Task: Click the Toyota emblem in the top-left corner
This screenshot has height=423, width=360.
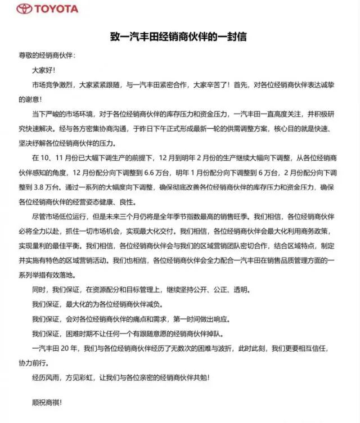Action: (24, 8)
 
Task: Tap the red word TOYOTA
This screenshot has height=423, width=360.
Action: (57, 8)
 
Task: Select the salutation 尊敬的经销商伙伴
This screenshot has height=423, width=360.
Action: (45, 56)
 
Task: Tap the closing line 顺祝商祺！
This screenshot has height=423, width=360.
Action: (44, 403)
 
